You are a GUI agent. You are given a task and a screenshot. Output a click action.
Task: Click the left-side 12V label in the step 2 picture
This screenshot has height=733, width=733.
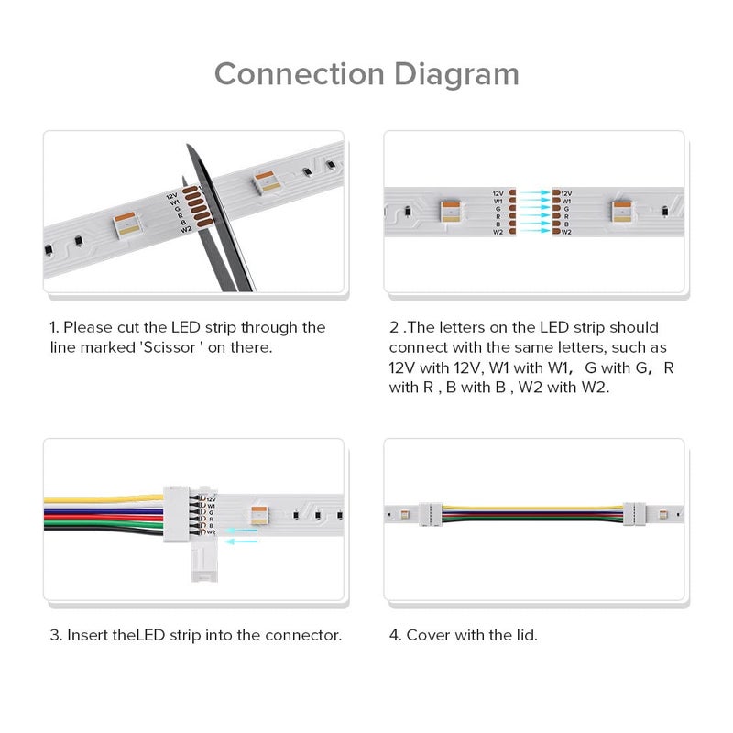pos(498,194)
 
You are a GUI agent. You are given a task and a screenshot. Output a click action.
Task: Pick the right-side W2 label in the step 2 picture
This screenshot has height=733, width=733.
pos(566,232)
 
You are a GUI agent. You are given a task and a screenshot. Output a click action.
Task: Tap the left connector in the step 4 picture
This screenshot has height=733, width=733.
pos(432,514)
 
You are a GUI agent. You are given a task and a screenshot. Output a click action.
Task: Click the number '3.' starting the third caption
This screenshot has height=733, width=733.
pos(55,635)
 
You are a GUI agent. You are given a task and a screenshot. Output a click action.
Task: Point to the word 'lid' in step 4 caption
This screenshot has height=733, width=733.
pos(524,635)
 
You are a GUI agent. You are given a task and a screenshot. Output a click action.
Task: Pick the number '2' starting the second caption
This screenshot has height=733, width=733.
pos(394,327)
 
